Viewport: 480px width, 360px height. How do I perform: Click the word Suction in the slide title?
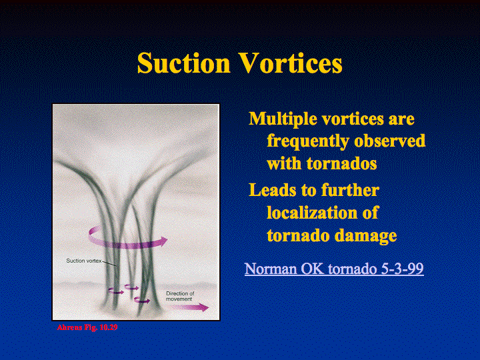click(183, 63)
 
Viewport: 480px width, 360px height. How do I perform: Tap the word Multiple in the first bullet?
click(282, 119)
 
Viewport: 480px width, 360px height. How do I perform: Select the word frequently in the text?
click(308, 142)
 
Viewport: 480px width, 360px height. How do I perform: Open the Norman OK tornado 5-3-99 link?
click(334, 269)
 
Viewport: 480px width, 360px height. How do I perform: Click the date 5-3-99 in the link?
click(402, 269)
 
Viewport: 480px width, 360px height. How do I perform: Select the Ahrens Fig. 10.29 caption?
click(87, 327)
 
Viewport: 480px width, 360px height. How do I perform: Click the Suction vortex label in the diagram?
click(83, 261)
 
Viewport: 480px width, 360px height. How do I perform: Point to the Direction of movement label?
click(180, 296)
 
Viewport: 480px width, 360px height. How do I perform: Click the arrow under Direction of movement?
click(190, 307)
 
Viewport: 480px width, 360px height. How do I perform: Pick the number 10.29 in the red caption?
click(109, 327)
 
